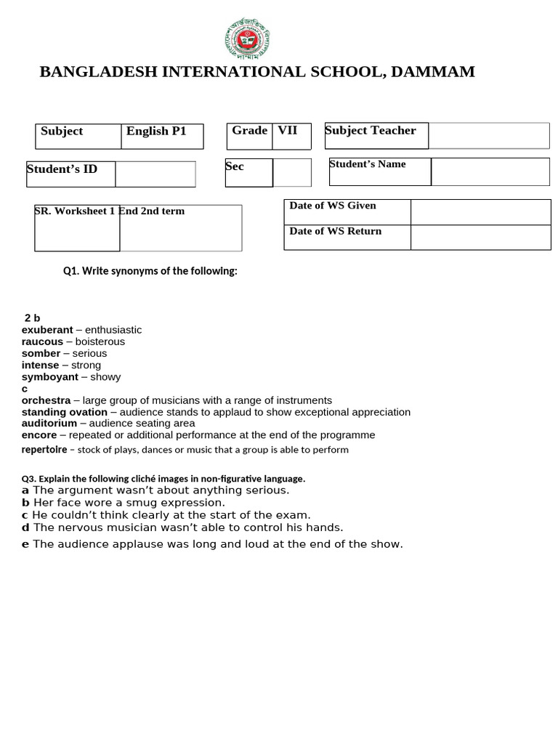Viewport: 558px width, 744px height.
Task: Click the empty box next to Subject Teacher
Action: point(488,136)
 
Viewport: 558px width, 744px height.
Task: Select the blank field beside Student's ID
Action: point(155,174)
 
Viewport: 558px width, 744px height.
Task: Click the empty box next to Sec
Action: point(292,173)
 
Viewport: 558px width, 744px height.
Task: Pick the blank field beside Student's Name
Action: point(490,171)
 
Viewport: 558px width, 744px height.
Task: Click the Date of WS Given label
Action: point(333,206)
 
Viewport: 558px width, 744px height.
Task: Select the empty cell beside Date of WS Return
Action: point(480,237)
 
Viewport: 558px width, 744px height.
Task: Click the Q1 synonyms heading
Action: point(150,271)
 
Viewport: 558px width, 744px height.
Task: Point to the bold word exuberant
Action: point(47,330)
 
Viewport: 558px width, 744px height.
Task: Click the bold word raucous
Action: point(42,341)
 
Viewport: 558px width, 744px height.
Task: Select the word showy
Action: point(105,377)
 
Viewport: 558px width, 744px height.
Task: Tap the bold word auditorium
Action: point(49,423)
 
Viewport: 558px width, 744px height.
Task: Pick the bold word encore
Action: point(39,435)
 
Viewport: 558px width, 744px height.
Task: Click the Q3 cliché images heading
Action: point(163,479)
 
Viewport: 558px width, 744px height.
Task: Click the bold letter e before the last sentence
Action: point(25,544)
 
